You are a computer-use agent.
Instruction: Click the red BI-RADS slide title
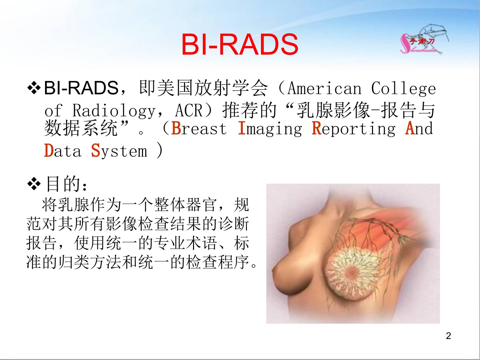click(240, 45)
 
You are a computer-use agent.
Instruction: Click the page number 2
click(448, 336)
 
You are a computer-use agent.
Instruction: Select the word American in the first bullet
click(324, 89)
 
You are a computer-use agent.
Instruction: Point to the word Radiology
click(114, 111)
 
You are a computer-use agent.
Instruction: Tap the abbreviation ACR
click(189, 111)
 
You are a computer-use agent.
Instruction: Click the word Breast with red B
click(199, 128)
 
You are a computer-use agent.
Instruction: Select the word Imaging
click(270, 129)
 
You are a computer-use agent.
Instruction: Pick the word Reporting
click(354, 129)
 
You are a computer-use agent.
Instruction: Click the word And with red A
click(419, 128)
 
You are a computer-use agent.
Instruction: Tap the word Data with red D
click(63, 151)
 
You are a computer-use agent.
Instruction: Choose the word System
click(119, 151)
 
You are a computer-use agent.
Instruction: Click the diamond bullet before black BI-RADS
click(34, 88)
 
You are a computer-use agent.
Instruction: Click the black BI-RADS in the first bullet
click(81, 88)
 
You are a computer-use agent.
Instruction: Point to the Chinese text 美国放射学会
click(204, 88)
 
